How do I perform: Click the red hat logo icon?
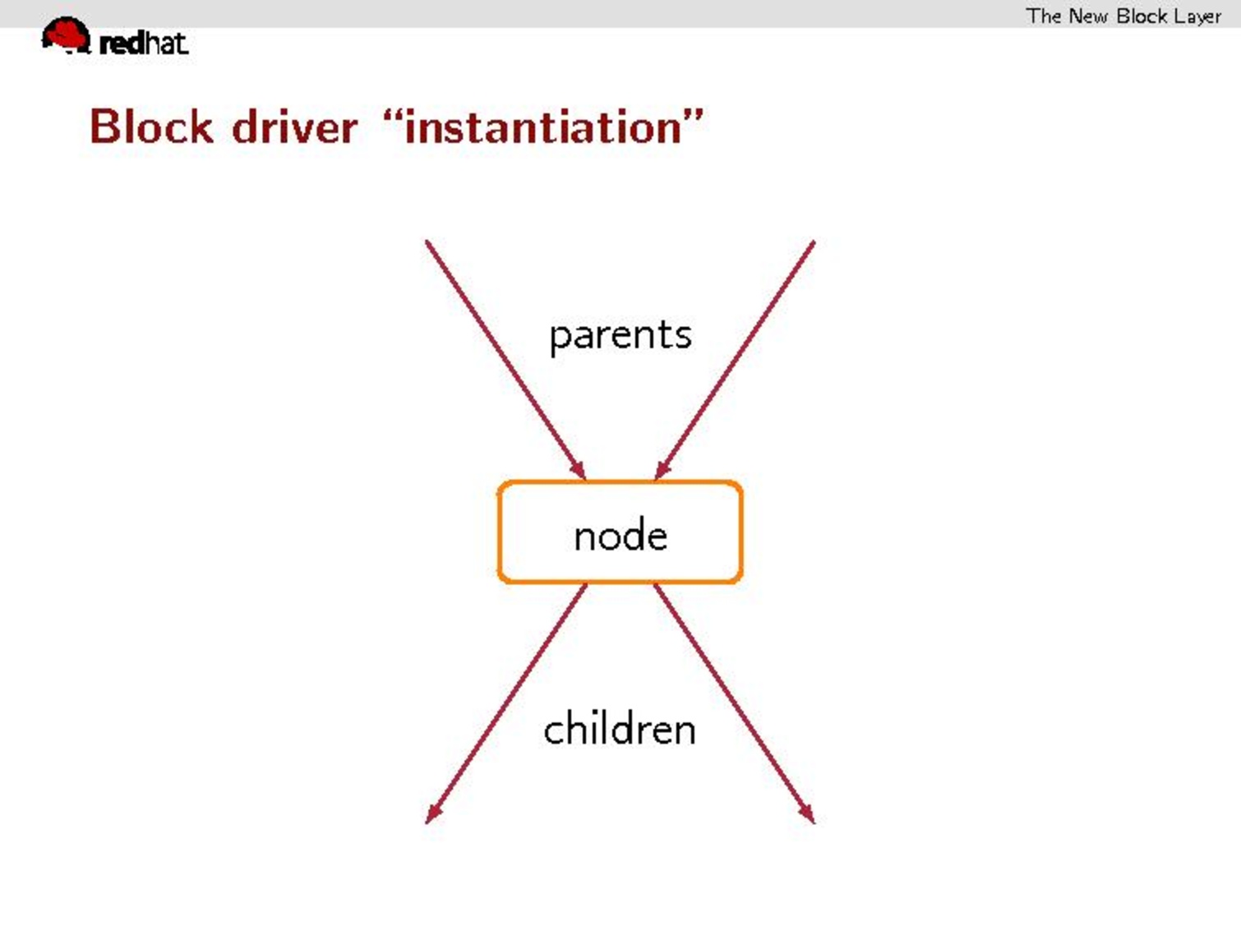click(66, 35)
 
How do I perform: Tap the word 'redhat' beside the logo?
click(143, 44)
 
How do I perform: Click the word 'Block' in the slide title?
click(151, 127)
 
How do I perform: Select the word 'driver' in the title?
click(294, 127)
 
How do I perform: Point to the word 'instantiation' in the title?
click(543, 127)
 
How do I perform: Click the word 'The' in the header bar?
click(1043, 16)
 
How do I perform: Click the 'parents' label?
click(620, 336)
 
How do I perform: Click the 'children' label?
click(620, 729)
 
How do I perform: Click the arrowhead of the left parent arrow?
click(579, 471)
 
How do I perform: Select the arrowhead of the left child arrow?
click(432, 814)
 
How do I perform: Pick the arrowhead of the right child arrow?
click(807, 814)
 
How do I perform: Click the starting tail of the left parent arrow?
click(427, 242)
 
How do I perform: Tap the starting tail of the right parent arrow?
click(813, 242)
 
